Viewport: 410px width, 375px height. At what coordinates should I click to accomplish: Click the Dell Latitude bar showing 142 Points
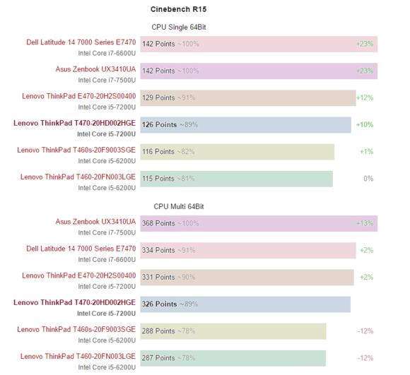coord(258,44)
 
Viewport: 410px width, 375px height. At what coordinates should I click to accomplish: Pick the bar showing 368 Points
coord(258,223)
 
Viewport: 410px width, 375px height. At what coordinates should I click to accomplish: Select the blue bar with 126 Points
coord(245,124)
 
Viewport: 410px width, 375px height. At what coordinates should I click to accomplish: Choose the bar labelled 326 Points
coord(245,304)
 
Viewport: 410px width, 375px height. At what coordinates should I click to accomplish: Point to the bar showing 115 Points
coord(236,179)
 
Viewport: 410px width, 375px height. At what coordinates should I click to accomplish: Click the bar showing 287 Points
coord(233,357)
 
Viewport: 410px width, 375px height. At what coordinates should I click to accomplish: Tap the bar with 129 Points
coord(247,97)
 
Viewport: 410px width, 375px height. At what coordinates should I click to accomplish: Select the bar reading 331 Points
coord(247,277)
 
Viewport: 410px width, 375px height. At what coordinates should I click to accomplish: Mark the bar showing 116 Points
coord(237,151)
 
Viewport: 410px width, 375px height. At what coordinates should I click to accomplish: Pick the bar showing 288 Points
coord(233,331)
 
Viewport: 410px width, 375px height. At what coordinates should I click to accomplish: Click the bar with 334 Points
coord(247,250)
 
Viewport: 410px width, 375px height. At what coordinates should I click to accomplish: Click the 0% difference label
coord(368,179)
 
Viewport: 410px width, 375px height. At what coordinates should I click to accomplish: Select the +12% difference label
coord(365,97)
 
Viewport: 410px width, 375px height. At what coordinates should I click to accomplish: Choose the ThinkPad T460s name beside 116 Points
coord(76,150)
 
